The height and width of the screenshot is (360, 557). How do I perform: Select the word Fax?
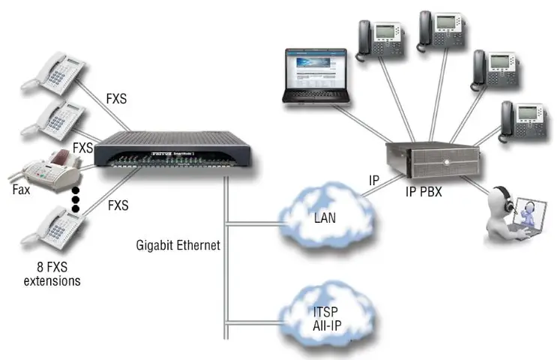pos(21,190)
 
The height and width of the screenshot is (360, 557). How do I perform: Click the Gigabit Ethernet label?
pos(178,245)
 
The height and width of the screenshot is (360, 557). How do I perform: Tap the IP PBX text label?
pos(424,192)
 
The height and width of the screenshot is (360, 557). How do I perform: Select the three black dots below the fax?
pos(75,200)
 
